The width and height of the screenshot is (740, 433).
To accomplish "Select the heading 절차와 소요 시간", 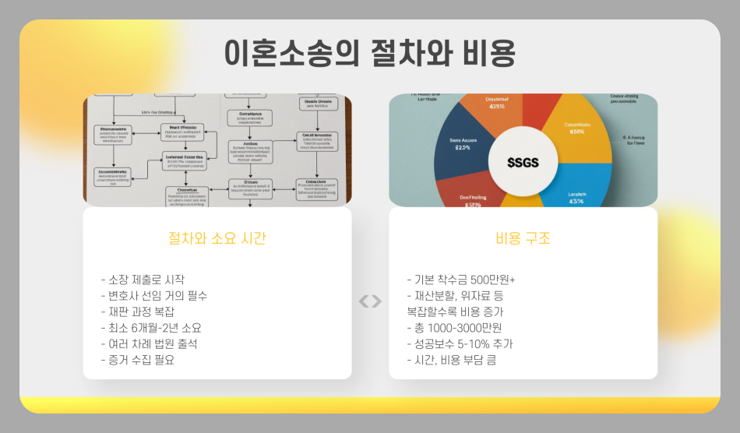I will [217, 239].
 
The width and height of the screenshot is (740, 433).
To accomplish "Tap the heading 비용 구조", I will [523, 239].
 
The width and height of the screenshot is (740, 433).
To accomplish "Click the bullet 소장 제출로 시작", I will [143, 280].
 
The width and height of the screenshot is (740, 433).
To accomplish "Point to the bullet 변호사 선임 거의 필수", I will [154, 296].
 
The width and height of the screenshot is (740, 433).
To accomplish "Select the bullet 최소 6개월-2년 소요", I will [151, 328].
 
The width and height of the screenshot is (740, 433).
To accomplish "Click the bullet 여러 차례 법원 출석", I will [150, 343].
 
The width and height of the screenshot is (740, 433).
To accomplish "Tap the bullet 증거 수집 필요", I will [138, 360].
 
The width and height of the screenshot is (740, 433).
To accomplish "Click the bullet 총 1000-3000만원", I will [455, 328].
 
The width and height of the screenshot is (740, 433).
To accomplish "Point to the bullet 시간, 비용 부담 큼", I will [452, 360].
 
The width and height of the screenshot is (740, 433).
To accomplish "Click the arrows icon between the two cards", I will [370, 301].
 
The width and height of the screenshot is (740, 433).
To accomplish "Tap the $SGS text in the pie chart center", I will [523, 162].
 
